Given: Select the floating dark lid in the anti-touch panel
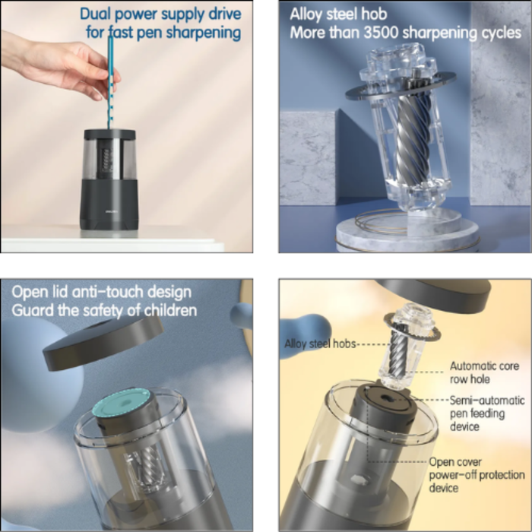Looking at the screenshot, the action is click(x=103, y=342).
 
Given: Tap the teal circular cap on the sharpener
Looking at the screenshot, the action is click(x=121, y=402).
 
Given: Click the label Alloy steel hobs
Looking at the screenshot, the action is click(x=320, y=344).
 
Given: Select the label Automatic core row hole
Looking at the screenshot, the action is click(x=484, y=372).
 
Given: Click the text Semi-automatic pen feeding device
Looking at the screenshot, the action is click(x=487, y=413).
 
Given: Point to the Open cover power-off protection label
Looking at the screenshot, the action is click(x=477, y=475).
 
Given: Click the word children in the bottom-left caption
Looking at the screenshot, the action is click(x=170, y=310).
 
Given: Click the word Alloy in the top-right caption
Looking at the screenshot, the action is click(x=306, y=14).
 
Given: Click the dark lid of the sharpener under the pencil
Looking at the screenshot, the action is click(x=109, y=134).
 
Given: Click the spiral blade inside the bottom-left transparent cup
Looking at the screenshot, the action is click(x=147, y=465).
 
